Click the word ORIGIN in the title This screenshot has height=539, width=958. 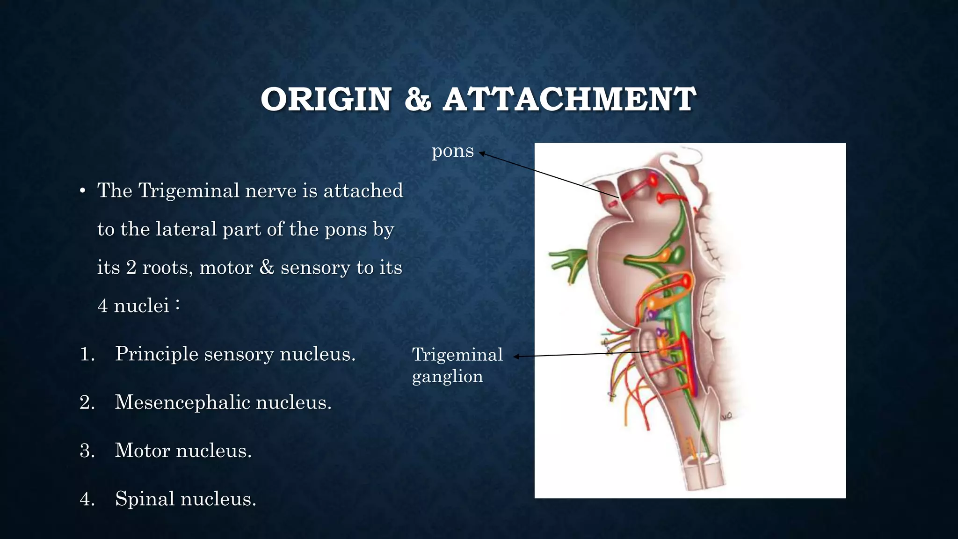coord(326,100)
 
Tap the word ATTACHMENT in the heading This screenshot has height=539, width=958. coord(569,100)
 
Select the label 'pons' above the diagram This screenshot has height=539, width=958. coord(452,151)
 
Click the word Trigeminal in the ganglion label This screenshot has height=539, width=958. coord(457,355)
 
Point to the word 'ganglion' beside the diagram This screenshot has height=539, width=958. coord(447,377)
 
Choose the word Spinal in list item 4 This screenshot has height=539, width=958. coord(145,499)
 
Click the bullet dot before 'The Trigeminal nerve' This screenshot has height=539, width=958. coord(82,191)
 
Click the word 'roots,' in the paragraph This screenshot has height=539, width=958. coord(167,268)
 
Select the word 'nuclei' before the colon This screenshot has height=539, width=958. coord(141,306)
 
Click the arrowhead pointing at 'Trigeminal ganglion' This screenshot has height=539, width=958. coord(516,357)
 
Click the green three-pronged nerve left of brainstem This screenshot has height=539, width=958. coord(568,262)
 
